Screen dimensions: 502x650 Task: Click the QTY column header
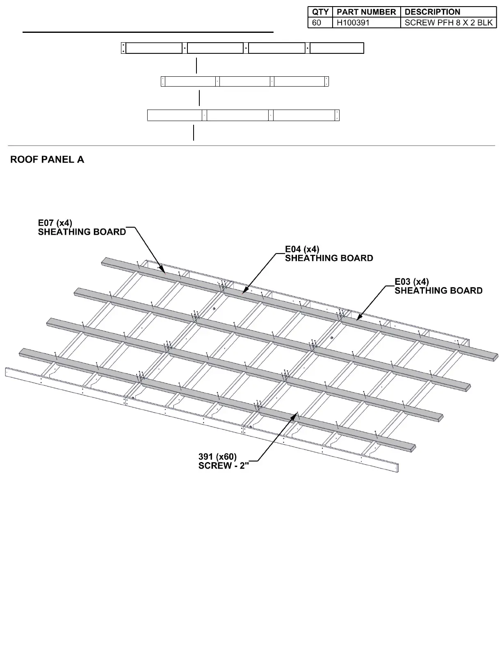320,12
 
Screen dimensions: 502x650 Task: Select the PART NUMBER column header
366,12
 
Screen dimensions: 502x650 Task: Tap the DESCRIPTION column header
432,12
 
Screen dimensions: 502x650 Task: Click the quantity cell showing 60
317,23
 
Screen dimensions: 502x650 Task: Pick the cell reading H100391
353,23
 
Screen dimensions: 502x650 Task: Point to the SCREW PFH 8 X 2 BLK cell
448,23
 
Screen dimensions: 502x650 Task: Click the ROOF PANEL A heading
47,160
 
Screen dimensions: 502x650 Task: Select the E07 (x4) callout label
55,223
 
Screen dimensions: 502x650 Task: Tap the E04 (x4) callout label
302,249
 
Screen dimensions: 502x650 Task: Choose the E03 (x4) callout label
412,282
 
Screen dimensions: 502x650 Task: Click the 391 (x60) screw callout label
217,457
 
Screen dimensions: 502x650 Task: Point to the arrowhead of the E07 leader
164,272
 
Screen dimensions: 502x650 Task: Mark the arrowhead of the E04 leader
243,294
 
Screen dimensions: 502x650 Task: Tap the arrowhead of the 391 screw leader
296,414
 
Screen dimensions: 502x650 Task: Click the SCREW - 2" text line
224,466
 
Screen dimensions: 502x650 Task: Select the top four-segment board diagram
242,48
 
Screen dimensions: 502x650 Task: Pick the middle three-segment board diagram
245,81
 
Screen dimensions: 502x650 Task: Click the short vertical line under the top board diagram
197,66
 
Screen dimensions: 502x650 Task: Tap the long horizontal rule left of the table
148,32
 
